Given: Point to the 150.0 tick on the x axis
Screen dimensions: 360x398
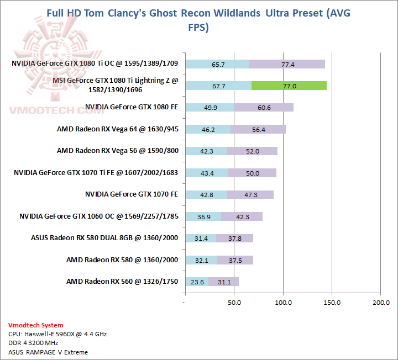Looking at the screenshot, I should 332,303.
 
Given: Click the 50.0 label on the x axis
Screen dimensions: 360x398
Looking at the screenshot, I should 234,303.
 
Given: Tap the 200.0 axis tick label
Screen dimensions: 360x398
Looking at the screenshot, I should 381,303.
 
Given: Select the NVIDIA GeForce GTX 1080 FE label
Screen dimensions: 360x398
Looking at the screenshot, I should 132,107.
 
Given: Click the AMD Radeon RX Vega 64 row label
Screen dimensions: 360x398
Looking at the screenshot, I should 117,129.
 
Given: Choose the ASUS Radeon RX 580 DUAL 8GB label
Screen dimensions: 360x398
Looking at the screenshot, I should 104,238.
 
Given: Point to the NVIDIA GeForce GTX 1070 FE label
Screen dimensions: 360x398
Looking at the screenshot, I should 132,194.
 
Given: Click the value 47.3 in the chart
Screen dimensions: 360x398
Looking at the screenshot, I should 250,194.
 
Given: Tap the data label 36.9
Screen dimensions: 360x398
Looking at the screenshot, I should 203,216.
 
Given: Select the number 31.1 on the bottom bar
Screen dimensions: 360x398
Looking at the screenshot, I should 224,282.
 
